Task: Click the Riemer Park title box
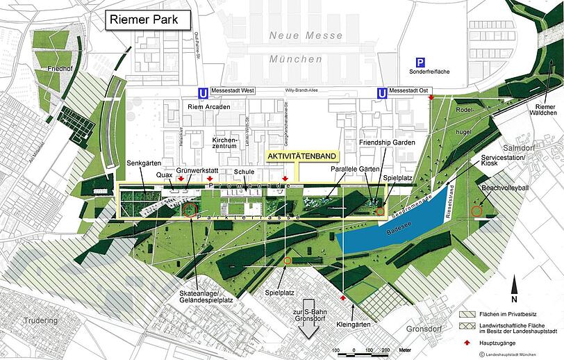149,19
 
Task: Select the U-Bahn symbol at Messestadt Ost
381,92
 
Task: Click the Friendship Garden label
387,142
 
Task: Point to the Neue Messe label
306,35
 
